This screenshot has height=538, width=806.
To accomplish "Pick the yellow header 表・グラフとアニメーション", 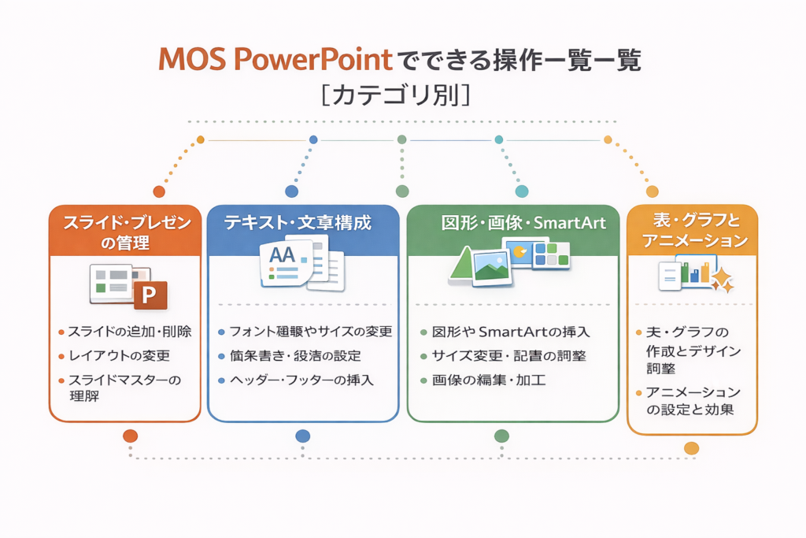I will tap(693, 230).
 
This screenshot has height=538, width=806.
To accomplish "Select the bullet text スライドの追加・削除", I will tap(130, 332).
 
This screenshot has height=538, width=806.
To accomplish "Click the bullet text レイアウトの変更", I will tap(119, 355).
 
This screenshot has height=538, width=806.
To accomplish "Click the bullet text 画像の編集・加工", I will tap(489, 380).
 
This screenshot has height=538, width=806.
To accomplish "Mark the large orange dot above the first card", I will tap(159, 191).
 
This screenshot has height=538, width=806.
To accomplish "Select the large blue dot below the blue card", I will tap(302, 436).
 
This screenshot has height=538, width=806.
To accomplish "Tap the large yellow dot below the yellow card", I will tap(691, 448).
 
